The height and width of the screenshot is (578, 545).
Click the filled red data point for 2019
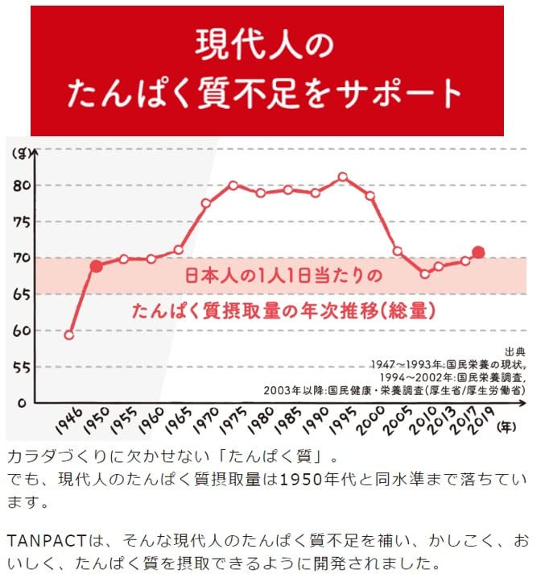478,252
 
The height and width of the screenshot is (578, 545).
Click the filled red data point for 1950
97,266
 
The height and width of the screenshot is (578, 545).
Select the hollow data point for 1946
69,335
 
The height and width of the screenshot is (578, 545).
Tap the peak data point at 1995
343,177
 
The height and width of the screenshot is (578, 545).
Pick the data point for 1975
233,185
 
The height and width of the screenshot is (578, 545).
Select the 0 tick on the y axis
23,402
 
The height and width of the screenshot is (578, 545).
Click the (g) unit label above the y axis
19,151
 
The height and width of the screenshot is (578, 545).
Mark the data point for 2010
425,274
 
